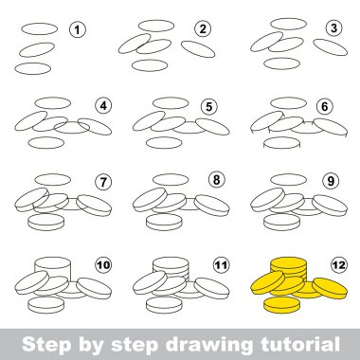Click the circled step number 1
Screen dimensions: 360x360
click(x=77, y=30)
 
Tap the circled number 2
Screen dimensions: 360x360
click(x=203, y=29)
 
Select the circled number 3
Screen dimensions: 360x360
click(x=333, y=28)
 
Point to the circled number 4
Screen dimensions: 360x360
click(x=103, y=106)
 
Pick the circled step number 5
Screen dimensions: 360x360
click(x=208, y=107)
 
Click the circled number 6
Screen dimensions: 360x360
click(x=324, y=107)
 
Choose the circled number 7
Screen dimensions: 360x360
click(x=103, y=182)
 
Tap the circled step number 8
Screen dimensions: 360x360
click(x=216, y=180)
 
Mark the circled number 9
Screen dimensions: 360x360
click(x=331, y=181)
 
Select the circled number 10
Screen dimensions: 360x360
click(x=103, y=264)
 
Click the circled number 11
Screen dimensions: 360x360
click(x=221, y=264)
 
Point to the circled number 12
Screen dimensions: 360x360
click(x=339, y=264)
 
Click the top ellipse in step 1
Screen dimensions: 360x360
click(x=40, y=28)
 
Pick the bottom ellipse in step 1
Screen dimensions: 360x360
click(x=33, y=68)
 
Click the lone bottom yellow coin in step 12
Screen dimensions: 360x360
click(x=281, y=305)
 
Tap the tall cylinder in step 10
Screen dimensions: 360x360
click(x=52, y=269)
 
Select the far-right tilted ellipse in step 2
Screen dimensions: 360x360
click(x=198, y=49)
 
